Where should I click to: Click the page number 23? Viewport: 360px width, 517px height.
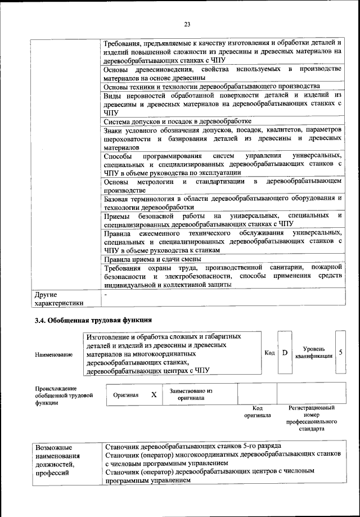pos(187,24)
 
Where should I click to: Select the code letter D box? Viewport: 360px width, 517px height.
pos(285,353)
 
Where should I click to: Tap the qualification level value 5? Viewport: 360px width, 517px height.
pos(341,352)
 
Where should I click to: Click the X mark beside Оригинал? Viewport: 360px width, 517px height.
pos(154,394)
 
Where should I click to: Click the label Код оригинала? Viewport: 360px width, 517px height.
pos(258,411)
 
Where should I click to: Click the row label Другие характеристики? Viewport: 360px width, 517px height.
pos(59,299)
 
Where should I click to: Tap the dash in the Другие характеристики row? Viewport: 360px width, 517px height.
pos(106,294)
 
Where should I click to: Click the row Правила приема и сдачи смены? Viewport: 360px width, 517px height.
pos(151,259)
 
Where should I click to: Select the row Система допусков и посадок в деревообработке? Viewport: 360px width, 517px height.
pos(178,121)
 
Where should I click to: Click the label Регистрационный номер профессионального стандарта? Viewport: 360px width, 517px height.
pos(311,417)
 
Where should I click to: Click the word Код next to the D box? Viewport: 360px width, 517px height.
pos(269,353)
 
